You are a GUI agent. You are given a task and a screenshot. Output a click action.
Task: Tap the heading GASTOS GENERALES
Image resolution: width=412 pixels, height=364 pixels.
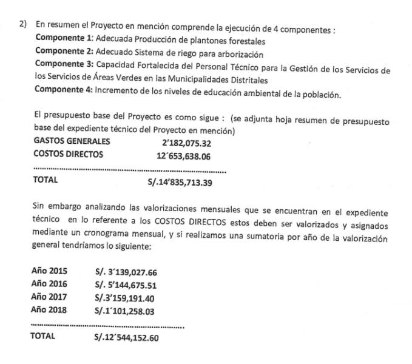click(x=71, y=143)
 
